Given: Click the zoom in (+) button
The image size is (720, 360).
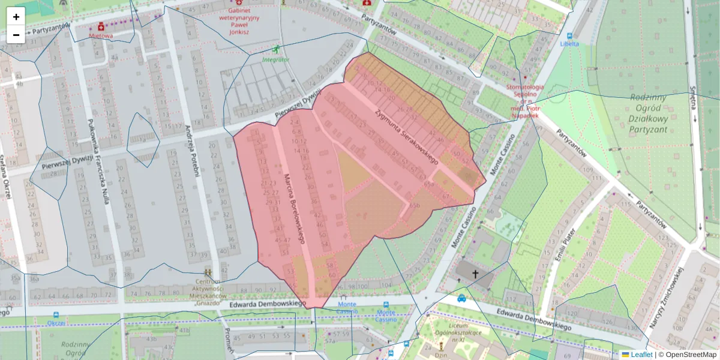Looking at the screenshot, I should click(16, 16).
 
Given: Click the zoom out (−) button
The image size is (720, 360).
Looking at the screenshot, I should click(16, 35).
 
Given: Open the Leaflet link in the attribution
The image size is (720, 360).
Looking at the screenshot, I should click(637, 355).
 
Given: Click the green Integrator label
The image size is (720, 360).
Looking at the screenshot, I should click(275, 60).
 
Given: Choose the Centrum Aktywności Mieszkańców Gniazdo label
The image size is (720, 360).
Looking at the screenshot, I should click(206, 292).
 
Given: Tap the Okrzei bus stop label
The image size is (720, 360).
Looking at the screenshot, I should click(56, 322).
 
